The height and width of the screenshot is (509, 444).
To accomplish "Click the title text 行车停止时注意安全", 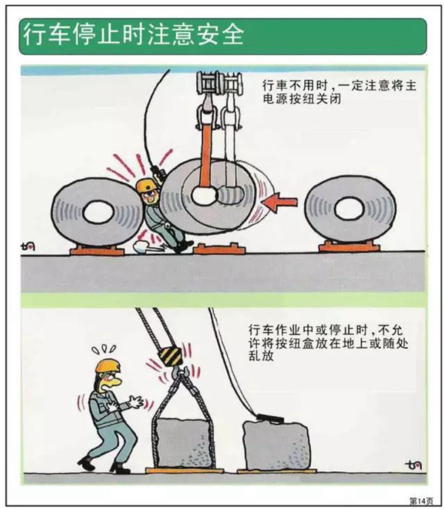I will pos(133,35).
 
